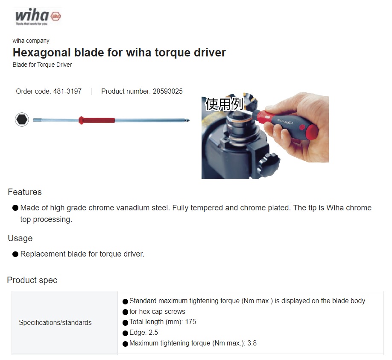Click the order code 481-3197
pos(67,91)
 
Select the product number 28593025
pos(167,91)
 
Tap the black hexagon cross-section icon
pos(22,119)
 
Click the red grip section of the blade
pos(97,120)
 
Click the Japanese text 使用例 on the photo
pos(224,104)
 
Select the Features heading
pos(25,192)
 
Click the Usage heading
pos(20,238)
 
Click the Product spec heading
pos(32,280)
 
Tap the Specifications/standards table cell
pos(55,323)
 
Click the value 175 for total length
pos(190,322)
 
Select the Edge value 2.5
pos(153,333)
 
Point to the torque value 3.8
pos(252,343)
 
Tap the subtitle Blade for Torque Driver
pos(42,65)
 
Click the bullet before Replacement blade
pos(15,254)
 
